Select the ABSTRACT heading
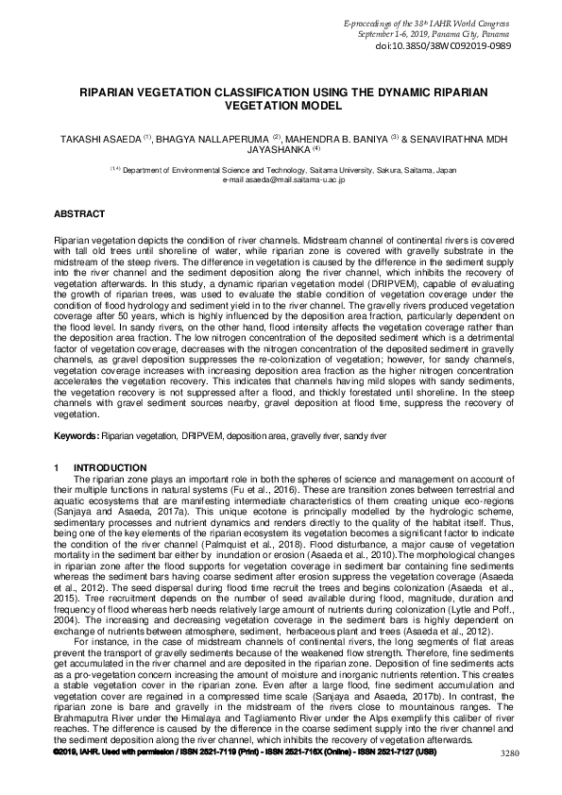click(79, 215)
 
